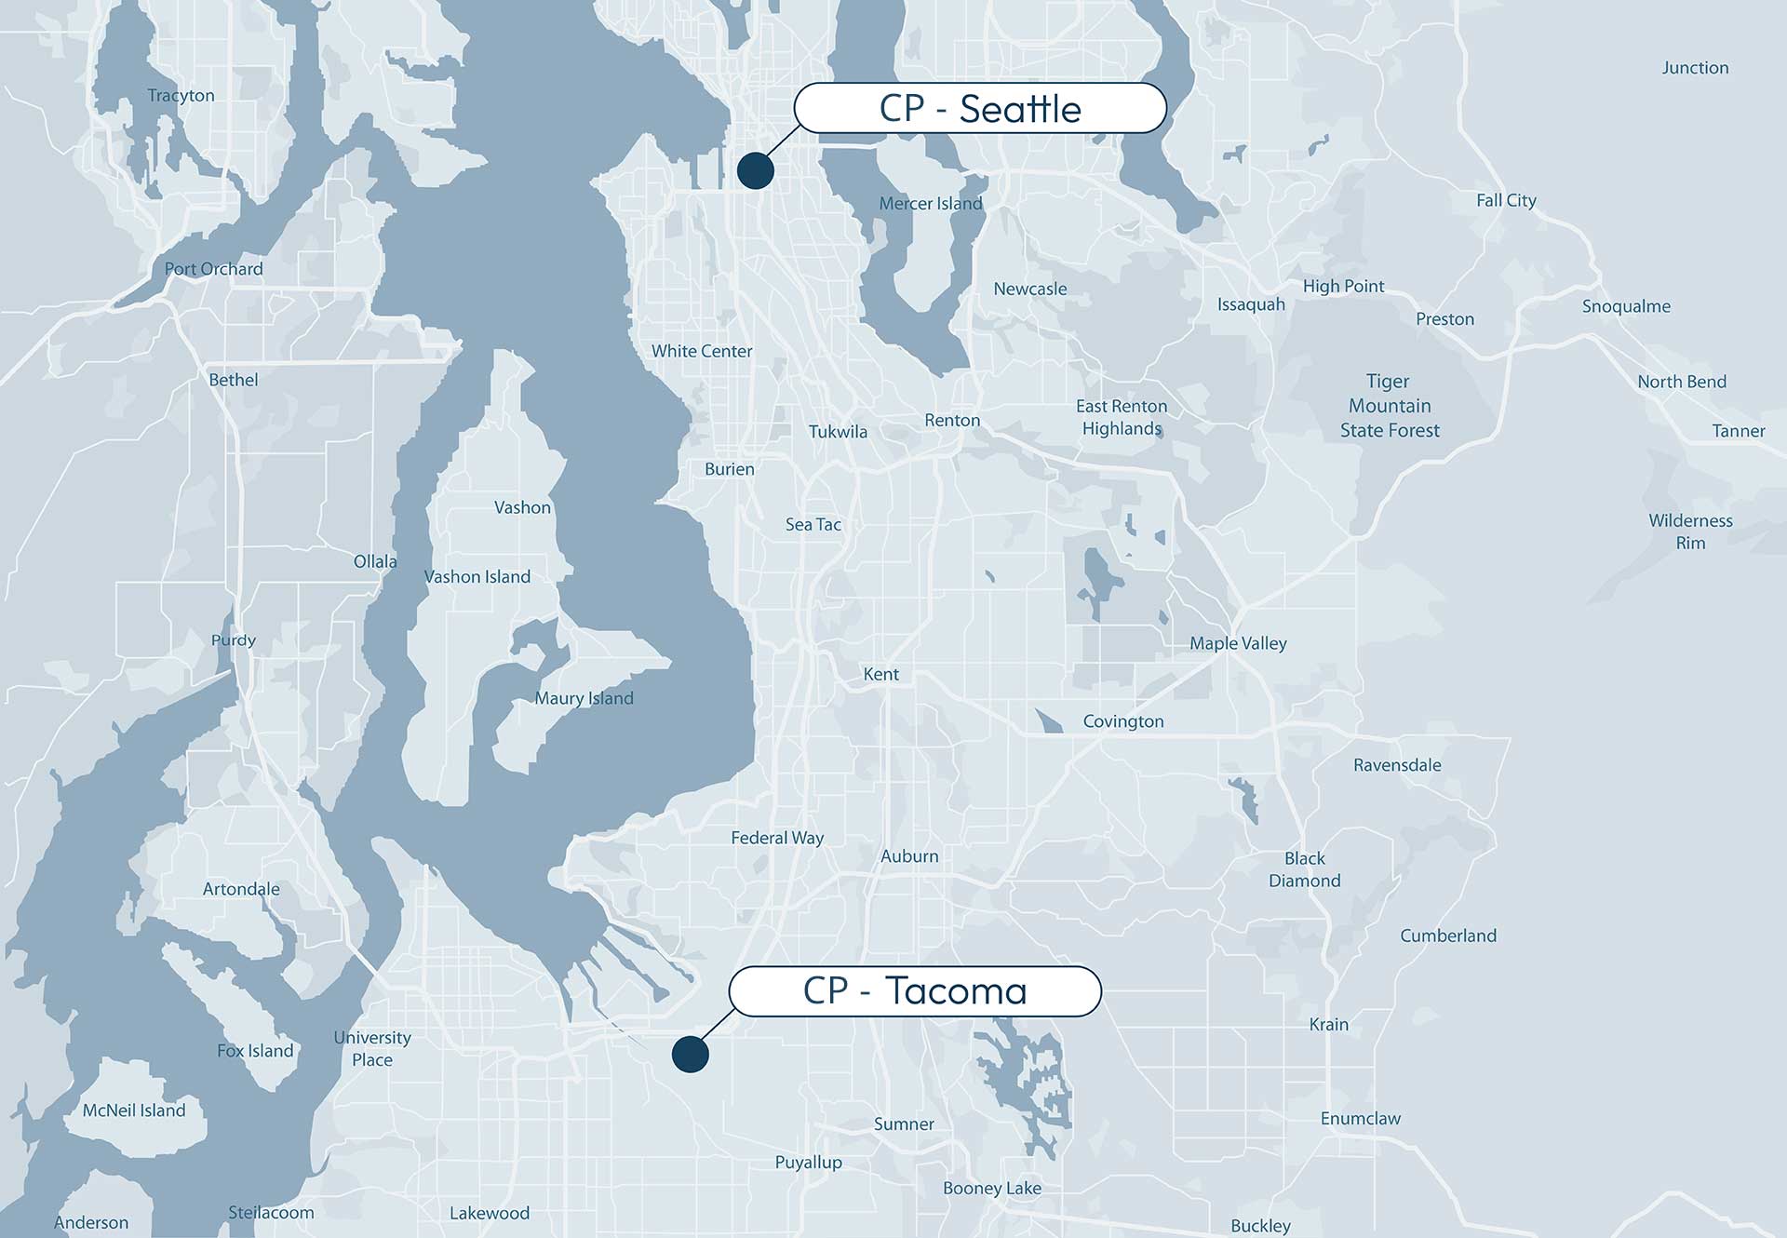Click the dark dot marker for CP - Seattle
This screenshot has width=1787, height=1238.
point(756,170)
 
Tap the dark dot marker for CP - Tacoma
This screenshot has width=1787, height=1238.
point(690,1054)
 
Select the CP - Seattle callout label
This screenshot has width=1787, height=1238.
point(980,109)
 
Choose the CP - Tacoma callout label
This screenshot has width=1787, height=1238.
point(915,991)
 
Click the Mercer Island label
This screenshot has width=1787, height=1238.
point(931,204)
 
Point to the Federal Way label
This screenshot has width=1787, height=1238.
point(777,838)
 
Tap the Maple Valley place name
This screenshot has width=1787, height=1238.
point(1238,643)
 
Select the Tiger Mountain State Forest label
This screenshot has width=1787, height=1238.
point(1390,406)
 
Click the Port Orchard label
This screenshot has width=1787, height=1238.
point(214,269)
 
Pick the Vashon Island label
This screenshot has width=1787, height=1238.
point(477,577)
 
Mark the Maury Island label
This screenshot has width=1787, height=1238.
point(584,698)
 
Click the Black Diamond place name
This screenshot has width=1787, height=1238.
point(1305,869)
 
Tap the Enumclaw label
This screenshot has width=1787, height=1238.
point(1360,1119)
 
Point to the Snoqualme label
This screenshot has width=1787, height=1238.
point(1626,306)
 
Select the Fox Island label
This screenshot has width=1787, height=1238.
point(255,1051)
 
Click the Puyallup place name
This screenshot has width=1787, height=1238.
point(808,1163)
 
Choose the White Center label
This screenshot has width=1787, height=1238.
point(702,351)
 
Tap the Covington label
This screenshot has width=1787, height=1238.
point(1123,721)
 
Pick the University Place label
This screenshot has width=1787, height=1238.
point(372,1049)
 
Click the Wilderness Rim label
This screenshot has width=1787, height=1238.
point(1690,532)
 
